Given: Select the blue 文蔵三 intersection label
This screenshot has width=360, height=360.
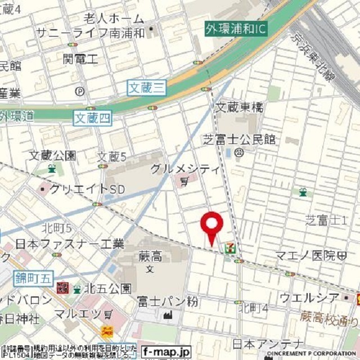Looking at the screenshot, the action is click(x=147, y=87).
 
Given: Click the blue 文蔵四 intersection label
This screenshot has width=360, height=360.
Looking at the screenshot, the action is click(x=92, y=118).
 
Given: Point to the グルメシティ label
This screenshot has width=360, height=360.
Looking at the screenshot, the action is click(x=184, y=169).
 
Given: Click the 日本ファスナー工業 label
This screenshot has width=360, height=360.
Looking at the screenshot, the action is click(x=62, y=244).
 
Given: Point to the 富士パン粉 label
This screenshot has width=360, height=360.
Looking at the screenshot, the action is click(x=168, y=302).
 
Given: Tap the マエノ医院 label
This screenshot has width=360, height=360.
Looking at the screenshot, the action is click(x=305, y=256).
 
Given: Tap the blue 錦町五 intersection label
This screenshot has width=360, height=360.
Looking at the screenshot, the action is click(x=34, y=276).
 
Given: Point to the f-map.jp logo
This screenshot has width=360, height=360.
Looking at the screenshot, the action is click(x=166, y=351).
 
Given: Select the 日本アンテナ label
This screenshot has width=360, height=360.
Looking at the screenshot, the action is click(x=267, y=343).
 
